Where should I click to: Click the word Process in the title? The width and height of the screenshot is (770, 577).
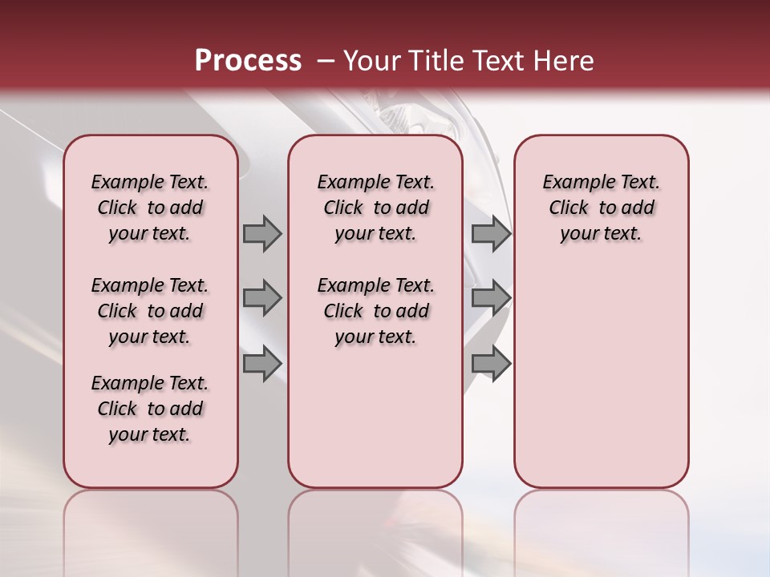(248, 61)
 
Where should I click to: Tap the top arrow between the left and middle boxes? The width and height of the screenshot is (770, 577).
(262, 233)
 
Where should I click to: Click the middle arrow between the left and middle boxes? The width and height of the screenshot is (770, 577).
(262, 298)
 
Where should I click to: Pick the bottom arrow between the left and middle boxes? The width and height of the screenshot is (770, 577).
(262, 363)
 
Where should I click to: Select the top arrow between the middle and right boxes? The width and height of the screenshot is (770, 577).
(491, 233)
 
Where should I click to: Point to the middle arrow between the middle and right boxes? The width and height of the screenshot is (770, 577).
(491, 298)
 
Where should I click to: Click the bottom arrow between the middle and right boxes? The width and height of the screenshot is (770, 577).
(491, 363)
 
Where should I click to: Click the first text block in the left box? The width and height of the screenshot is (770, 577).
(150, 208)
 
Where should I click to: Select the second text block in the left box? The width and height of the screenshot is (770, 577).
(150, 311)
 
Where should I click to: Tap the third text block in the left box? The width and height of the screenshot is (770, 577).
(150, 409)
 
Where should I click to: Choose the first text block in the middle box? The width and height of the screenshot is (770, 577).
(375, 208)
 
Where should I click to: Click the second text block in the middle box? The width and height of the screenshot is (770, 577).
(375, 311)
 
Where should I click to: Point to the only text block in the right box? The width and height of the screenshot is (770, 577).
(601, 208)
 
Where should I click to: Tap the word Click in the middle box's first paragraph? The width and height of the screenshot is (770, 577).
(343, 208)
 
